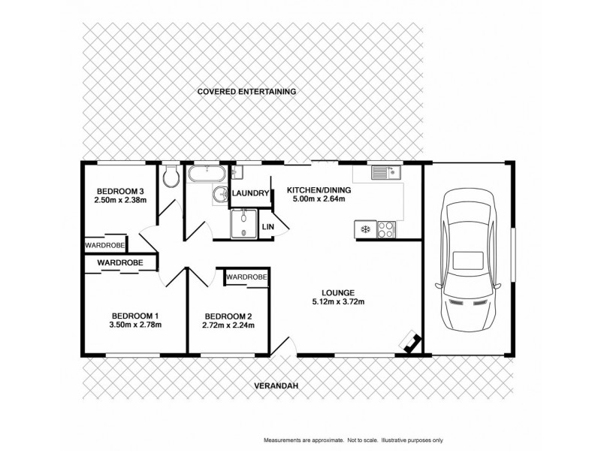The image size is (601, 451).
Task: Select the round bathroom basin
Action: click(x=219, y=195)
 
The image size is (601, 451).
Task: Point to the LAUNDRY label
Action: click(x=249, y=193)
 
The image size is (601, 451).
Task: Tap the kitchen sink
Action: click(x=386, y=174)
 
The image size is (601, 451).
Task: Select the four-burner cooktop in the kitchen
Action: click(x=386, y=228)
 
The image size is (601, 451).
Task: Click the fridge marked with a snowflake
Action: click(x=367, y=228)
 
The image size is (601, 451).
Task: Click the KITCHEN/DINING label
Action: click(x=316, y=190)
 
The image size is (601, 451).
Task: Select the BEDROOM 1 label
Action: click(x=135, y=315)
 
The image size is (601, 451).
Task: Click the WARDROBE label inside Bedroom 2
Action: click(x=246, y=277)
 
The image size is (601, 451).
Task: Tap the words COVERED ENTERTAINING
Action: click(x=247, y=91)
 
